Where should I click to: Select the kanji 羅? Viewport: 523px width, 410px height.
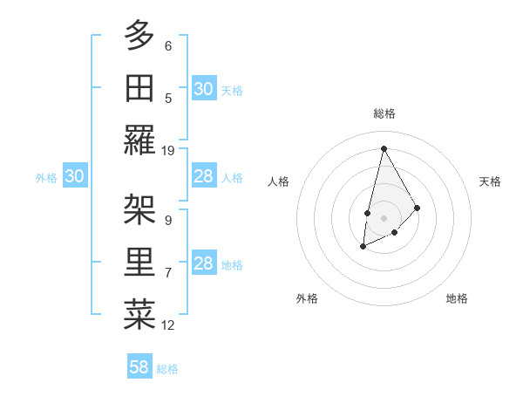(139, 140)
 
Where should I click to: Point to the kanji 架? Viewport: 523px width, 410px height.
(139, 209)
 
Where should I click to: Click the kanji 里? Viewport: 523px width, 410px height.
(139, 262)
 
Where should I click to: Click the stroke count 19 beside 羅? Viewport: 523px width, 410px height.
(168, 151)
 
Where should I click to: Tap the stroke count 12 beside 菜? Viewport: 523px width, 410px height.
(168, 325)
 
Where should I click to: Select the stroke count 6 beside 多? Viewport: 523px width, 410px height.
(168, 46)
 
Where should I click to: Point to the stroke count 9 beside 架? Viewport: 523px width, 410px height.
(168, 221)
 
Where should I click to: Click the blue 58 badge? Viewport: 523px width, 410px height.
(139, 367)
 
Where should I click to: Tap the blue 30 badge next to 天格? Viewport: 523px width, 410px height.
(203, 88)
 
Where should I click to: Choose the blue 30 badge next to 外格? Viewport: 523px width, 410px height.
(74, 176)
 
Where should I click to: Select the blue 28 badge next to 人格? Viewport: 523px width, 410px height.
(203, 176)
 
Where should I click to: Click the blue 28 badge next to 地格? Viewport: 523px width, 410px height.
(203, 263)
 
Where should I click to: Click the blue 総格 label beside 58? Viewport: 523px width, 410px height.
(167, 369)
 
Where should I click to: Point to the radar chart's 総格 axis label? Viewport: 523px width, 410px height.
(384, 113)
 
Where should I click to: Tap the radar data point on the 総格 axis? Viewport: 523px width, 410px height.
(383, 147)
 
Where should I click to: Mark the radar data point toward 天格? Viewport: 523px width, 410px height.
(418, 208)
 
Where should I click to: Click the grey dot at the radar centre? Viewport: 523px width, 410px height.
(383, 216)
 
